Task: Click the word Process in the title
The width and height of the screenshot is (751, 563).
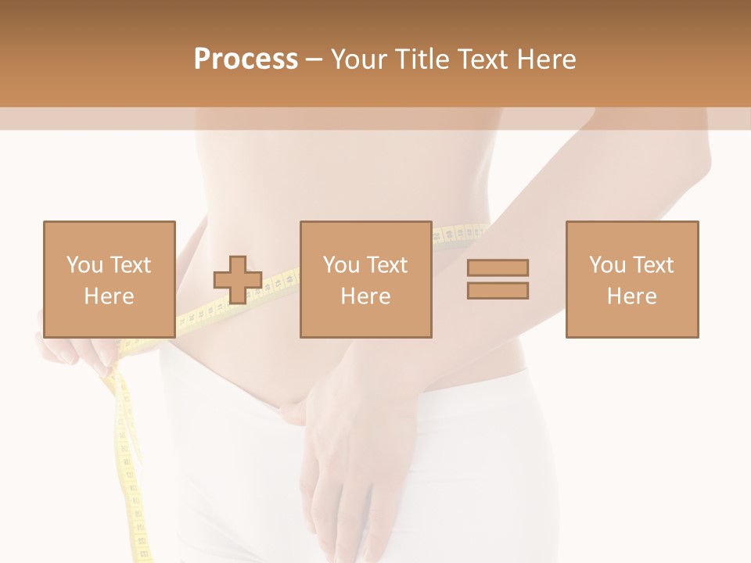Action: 246,59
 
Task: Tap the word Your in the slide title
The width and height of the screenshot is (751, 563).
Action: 358,59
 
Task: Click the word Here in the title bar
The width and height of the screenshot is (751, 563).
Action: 544,59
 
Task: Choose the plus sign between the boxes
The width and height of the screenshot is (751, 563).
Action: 238,280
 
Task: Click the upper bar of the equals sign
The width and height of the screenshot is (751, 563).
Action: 498,267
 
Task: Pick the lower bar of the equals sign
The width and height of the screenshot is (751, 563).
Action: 498,291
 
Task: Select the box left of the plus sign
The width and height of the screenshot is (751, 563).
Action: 110,279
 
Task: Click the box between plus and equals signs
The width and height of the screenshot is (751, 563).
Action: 365,279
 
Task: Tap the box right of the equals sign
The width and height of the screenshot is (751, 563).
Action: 631,279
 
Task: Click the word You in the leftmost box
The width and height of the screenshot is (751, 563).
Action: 84,265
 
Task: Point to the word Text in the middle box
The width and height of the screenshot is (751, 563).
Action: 387,265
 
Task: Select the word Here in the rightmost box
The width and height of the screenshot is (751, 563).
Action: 631,296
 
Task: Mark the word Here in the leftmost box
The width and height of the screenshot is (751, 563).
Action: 110,296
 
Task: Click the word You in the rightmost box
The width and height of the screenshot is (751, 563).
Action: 606,265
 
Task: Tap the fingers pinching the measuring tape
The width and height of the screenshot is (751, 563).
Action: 94,352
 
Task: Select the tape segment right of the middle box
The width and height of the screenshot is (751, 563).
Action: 458,234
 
